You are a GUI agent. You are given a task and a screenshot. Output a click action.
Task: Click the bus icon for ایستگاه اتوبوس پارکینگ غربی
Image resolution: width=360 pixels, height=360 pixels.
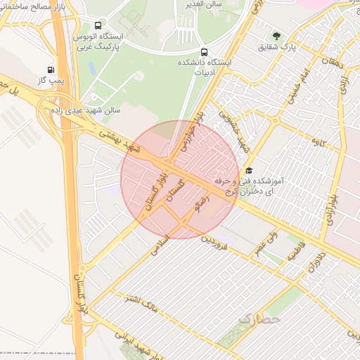pos(96,25)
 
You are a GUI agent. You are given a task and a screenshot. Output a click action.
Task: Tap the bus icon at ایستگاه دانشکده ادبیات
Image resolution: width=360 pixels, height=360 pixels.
pos(204,52)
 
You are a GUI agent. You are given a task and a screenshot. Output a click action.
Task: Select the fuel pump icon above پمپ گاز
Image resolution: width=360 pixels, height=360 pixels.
pos(51,70)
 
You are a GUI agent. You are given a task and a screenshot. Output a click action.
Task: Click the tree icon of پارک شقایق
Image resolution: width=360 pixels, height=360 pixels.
pos(276,36)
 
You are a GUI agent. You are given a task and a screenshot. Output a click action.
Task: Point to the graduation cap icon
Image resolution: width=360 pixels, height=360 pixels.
pos(248,170)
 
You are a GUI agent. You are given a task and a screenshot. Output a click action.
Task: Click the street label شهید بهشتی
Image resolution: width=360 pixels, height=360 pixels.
pos(116,138)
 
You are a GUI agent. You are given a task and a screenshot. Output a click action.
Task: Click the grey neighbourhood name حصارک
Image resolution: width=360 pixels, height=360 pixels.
pos(259,320)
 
